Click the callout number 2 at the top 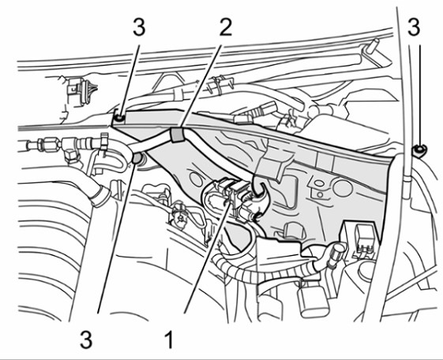click(225, 28)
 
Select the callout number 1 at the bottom click(169, 339)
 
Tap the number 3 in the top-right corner click(414, 28)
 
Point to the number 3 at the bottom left click(86, 339)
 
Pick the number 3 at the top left click(139, 28)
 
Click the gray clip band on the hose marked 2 click(177, 135)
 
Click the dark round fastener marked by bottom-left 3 click(137, 158)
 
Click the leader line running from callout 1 click(207, 256)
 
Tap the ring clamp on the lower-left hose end click(100, 196)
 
